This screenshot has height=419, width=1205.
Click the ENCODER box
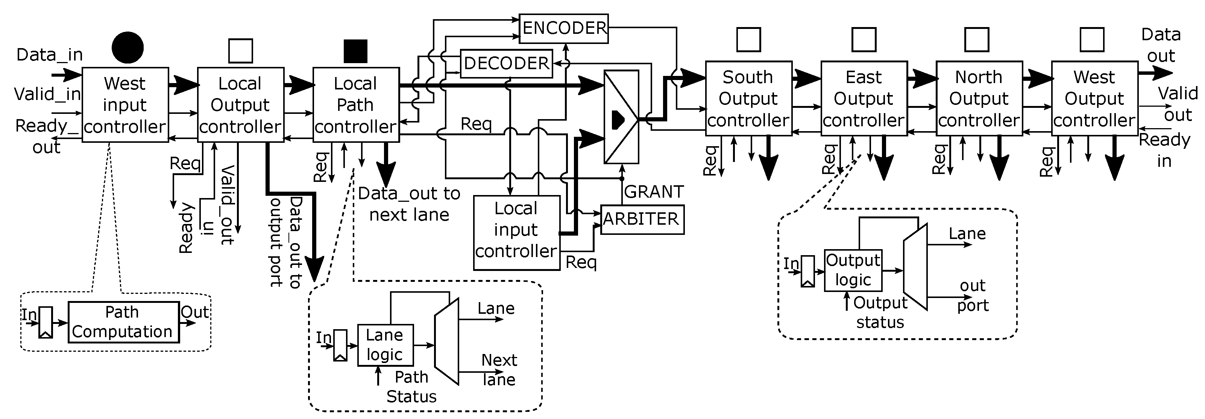point(564,29)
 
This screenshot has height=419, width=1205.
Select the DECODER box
point(506,64)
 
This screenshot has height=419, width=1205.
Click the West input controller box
point(125,105)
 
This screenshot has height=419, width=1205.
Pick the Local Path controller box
point(355,105)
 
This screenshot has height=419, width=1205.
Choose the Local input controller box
point(516,232)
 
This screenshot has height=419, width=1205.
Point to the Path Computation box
point(123,322)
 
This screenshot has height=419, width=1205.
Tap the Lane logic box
point(385,345)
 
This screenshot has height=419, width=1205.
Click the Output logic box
point(853,270)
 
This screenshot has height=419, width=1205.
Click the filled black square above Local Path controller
point(355,51)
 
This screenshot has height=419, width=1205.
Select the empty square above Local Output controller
point(240,51)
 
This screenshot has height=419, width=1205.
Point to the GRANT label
point(654,192)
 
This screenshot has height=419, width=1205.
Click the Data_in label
point(50,55)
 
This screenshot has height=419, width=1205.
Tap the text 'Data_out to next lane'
point(409,204)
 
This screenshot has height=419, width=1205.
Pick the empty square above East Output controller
point(864,39)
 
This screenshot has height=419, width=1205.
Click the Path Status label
point(411,387)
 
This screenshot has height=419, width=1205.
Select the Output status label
point(880,312)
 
